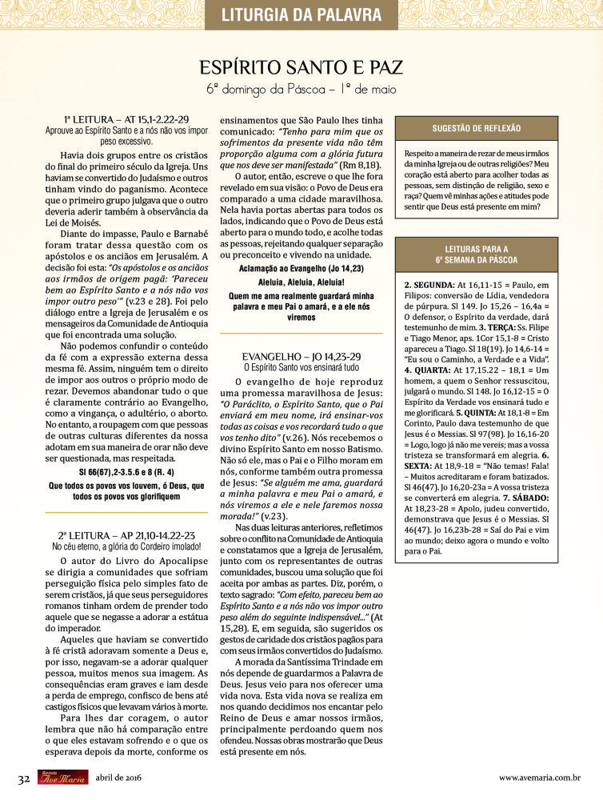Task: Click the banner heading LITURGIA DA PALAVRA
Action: (301, 14)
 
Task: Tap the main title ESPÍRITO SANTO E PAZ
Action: (301, 66)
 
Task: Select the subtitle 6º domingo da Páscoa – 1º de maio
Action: (301, 89)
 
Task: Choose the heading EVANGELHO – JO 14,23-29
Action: (301, 355)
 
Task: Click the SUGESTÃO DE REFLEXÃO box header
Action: (476, 128)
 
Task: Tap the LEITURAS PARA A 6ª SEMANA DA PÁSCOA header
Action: (476, 254)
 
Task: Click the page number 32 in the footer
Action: (24, 778)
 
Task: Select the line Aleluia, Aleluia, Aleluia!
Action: (301, 282)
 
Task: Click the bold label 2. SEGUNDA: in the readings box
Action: (429, 285)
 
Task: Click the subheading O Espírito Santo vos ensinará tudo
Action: (301, 367)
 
